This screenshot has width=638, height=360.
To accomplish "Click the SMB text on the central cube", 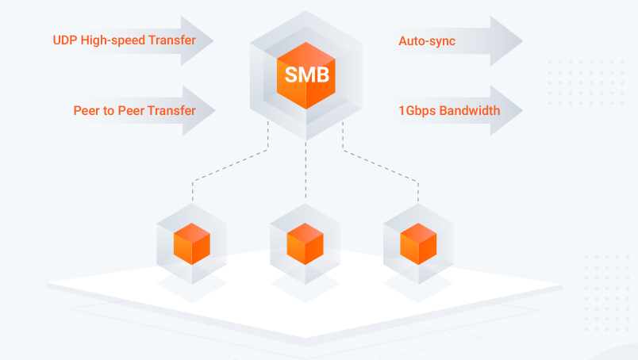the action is click(307, 75).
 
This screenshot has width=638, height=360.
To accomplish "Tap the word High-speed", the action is click(113, 40).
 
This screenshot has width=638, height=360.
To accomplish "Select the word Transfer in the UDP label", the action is click(172, 40).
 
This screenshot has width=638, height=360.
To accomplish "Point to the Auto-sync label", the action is click(427, 41).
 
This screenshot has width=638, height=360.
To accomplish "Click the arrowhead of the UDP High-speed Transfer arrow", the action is click(198, 40).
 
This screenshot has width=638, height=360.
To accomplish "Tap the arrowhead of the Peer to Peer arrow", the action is click(199, 111).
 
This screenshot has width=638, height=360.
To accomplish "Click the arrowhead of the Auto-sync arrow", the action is click(506, 41).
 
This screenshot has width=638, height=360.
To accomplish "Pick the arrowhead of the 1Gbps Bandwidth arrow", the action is click(506, 111).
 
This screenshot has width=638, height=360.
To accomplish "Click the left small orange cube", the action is click(192, 243).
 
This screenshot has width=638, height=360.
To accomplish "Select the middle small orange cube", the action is click(306, 243).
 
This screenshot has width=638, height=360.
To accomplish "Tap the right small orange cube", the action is click(418, 243).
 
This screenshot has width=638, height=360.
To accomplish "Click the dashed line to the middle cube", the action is click(306, 170).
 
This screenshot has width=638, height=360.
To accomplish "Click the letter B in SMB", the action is click(322, 75).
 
